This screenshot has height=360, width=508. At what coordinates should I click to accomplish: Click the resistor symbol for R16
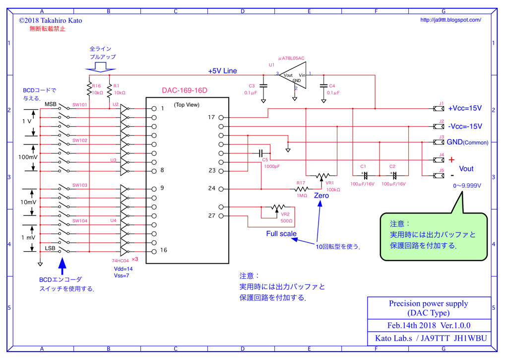tap(89, 89)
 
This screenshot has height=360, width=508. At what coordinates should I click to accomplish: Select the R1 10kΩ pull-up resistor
tap(109, 89)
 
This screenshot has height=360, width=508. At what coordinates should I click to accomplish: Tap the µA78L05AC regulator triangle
tap(293, 75)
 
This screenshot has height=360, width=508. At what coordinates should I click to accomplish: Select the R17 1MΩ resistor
tap(301, 189)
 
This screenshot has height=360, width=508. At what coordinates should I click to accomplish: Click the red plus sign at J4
tap(451, 160)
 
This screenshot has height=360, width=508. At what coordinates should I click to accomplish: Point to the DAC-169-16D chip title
tap(184, 90)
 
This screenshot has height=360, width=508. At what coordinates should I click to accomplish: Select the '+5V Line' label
tap(222, 71)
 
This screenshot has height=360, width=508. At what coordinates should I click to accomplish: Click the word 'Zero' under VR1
tap(321, 196)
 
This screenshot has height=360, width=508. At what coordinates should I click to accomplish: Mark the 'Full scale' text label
tap(281, 233)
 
